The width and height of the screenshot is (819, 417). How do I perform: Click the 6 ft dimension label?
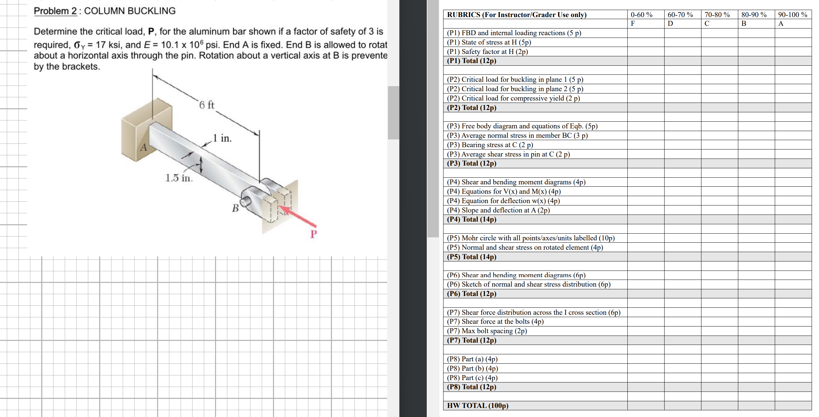(207, 105)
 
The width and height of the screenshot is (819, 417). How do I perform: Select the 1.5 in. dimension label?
(179, 178)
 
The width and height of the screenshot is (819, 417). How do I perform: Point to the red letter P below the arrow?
(313, 234)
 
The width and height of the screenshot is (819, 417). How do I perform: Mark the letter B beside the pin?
(235, 208)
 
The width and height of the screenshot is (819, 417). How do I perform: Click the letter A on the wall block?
(144, 147)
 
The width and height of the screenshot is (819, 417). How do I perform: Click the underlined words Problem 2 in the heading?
(55, 11)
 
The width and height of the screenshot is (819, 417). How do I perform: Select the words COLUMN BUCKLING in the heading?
(130, 11)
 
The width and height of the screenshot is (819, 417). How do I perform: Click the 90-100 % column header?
(793, 15)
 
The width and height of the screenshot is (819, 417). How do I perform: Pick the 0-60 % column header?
(641, 15)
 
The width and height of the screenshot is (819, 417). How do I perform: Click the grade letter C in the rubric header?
(707, 23)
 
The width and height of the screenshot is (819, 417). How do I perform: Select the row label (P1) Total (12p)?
(472, 61)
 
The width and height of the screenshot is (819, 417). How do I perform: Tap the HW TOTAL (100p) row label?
(478, 406)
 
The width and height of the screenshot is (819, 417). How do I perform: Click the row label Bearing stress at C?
(490, 145)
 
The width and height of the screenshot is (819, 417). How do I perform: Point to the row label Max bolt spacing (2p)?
(487, 331)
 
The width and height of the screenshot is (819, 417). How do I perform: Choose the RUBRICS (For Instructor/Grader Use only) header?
(517, 15)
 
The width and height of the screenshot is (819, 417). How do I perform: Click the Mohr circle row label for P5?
(531, 238)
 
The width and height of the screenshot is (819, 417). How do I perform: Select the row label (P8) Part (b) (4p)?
(472, 368)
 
